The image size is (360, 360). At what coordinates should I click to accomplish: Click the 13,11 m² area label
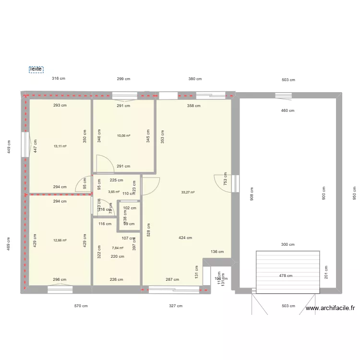(x=60, y=146)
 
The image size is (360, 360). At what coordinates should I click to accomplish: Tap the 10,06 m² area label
(x=124, y=136)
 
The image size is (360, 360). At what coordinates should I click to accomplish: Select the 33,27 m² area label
(x=188, y=192)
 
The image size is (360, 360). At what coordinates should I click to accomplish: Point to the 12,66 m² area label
(x=60, y=240)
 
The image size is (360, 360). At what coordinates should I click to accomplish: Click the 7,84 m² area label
(x=118, y=248)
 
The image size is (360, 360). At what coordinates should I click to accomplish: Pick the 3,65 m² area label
(x=114, y=192)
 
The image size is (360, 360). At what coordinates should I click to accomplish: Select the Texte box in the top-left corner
(x=36, y=69)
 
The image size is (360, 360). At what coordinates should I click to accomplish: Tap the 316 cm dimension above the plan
(x=59, y=79)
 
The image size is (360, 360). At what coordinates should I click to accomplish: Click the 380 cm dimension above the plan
(x=195, y=79)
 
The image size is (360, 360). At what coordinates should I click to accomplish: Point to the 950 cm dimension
(x=354, y=193)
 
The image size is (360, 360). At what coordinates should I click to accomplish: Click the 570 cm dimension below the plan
(x=81, y=306)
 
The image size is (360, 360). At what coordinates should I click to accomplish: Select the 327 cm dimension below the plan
(x=176, y=306)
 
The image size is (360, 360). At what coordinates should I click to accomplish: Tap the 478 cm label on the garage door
(x=286, y=276)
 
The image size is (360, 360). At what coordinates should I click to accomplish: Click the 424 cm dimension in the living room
(x=185, y=238)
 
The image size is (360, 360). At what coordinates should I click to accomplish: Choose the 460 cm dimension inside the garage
(x=288, y=110)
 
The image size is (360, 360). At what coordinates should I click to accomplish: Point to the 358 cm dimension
(x=194, y=106)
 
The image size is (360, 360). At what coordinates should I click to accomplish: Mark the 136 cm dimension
(x=217, y=252)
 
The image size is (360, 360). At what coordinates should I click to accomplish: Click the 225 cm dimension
(x=117, y=180)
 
